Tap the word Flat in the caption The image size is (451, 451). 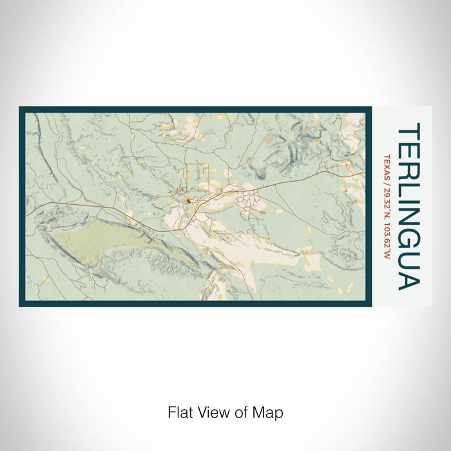[179, 412]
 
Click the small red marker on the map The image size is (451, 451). [188, 201]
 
